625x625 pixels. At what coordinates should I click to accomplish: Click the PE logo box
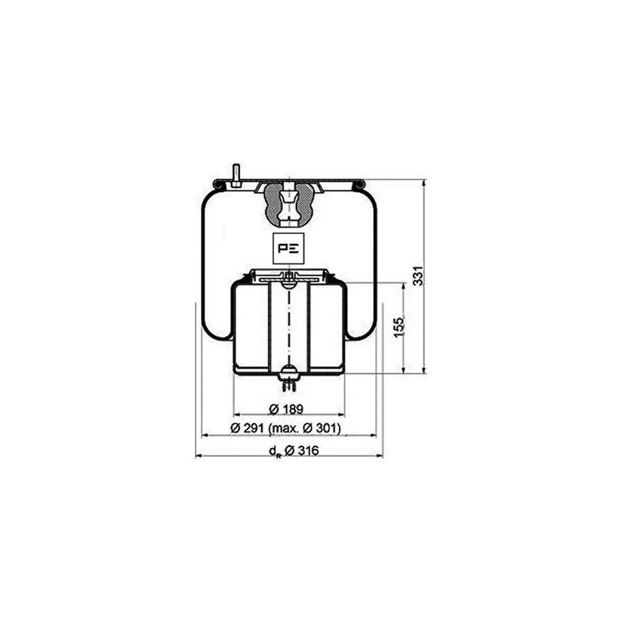pos(288,248)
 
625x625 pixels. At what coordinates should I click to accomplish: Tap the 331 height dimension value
pos(417,276)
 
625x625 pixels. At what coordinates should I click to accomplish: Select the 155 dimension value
pos(398,328)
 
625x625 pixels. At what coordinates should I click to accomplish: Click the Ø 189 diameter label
pos(286,409)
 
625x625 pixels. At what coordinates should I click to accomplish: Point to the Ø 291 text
pos(248,428)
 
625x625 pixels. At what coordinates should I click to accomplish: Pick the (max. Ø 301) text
pos(305,428)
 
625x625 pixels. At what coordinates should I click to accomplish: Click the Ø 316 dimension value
pos(302,450)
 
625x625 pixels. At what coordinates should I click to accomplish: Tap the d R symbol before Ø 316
pos(275,453)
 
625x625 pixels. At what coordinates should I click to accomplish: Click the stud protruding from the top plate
pos(236,175)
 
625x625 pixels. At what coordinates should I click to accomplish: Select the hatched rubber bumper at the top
pos(288,204)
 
